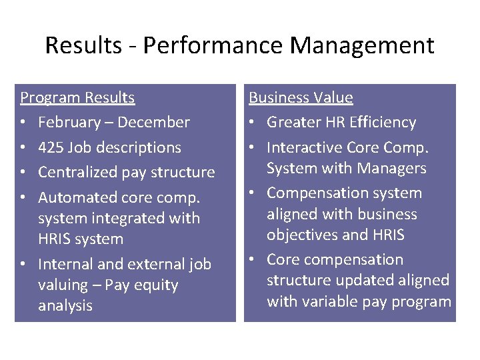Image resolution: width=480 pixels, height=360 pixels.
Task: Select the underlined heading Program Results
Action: (77, 98)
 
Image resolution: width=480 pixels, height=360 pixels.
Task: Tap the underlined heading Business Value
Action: (301, 98)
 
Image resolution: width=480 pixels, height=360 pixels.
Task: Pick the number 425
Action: (51, 147)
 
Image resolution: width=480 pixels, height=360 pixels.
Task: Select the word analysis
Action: (65, 306)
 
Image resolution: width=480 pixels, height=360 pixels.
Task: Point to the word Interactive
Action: (307, 147)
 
